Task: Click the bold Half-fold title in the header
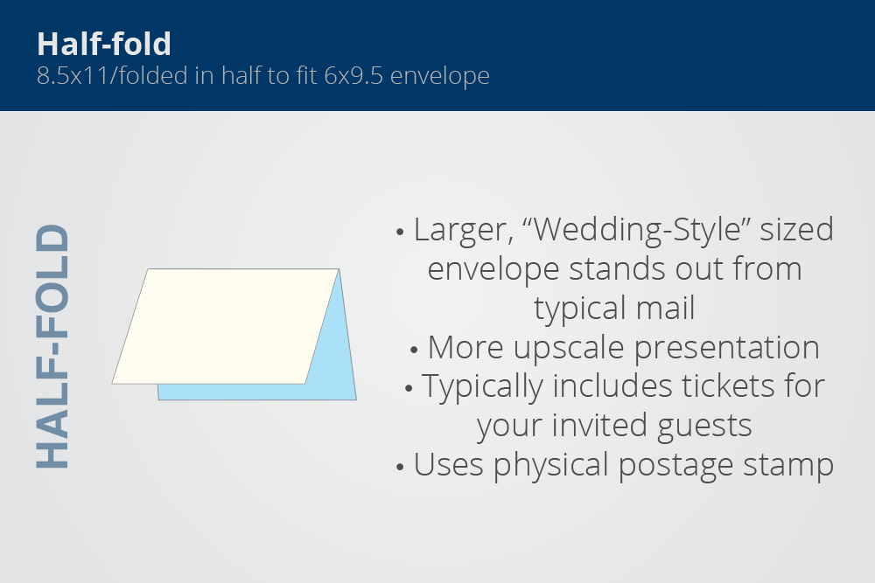(x=104, y=44)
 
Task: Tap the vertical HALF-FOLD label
(x=52, y=346)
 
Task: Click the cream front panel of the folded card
(x=226, y=326)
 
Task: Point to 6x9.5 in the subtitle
(x=353, y=76)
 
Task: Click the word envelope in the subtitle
(x=440, y=76)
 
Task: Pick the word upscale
(x=569, y=349)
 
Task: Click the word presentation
(x=726, y=349)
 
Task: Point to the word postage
(x=675, y=466)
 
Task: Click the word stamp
(x=788, y=466)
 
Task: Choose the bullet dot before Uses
(x=400, y=467)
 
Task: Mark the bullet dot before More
(x=414, y=350)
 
